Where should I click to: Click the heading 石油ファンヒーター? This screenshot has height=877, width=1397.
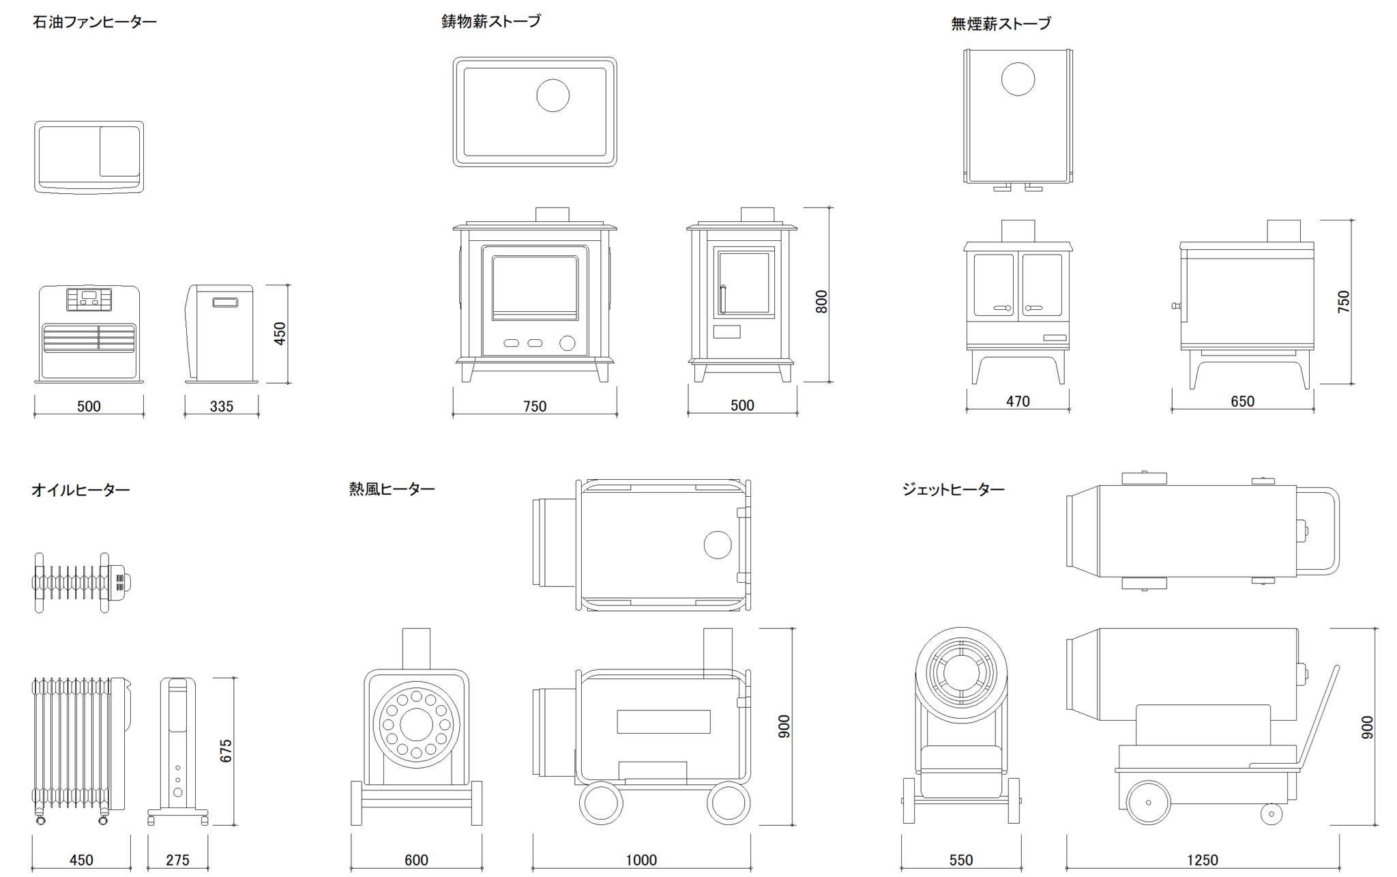pyautogui.click(x=95, y=23)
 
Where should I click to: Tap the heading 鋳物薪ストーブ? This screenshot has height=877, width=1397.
pyautogui.click(x=491, y=22)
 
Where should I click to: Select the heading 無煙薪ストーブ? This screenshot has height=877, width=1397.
pyautogui.click(x=1001, y=25)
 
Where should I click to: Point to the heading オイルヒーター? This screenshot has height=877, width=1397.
pyautogui.click(x=80, y=490)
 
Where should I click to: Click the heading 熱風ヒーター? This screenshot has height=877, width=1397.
pyautogui.click(x=392, y=489)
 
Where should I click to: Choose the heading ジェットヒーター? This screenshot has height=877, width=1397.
pyautogui.click(x=953, y=489)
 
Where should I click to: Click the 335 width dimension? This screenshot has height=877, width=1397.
pyautogui.click(x=221, y=407)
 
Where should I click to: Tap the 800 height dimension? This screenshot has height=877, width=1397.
pyautogui.click(x=821, y=302)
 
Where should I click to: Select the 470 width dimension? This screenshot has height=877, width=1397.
pyautogui.click(x=1017, y=402)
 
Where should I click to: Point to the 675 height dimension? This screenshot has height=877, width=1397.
pyautogui.click(x=226, y=751)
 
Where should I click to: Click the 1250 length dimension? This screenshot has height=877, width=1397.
pyautogui.click(x=1202, y=861)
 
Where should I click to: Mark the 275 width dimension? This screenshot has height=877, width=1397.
pyautogui.click(x=177, y=861)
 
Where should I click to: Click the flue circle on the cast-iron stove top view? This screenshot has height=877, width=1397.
pyautogui.click(x=553, y=95)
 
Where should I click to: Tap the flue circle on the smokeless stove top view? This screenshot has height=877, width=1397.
pyautogui.click(x=1018, y=79)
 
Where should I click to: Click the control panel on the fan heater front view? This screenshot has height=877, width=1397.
pyautogui.click(x=89, y=299)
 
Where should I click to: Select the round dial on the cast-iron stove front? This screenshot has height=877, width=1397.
pyautogui.click(x=567, y=343)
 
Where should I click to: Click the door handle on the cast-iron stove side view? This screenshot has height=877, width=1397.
pyautogui.click(x=722, y=299)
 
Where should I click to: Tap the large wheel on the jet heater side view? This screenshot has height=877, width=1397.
pyautogui.click(x=1148, y=803)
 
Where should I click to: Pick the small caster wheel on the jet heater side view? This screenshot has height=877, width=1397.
pyautogui.click(x=1271, y=814)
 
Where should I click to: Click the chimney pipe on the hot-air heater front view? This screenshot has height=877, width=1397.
pyautogui.click(x=416, y=648)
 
